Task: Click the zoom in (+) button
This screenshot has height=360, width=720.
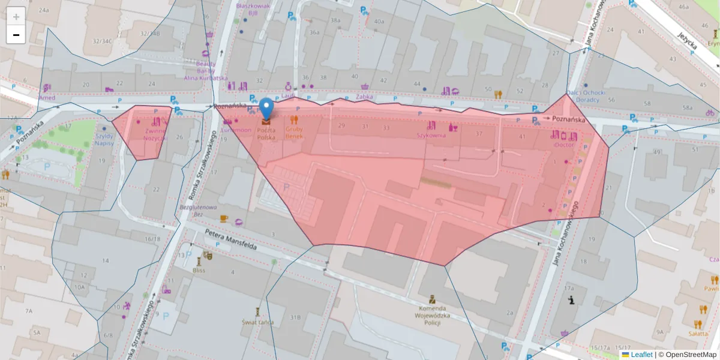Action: coord(16,16)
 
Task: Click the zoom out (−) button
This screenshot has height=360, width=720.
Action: coord(16,35)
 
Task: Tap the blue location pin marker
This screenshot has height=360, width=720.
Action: coord(266,109)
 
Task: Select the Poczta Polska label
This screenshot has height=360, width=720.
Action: coord(266,133)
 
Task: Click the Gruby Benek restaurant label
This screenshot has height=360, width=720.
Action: coord(294,133)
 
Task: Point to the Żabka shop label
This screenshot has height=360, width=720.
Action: coord(364,96)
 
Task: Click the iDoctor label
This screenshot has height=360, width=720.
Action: coord(564,145)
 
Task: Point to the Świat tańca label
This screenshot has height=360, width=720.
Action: coord(259,322)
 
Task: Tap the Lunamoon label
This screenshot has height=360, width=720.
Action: coord(236,130)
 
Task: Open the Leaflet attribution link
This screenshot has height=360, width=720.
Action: coord(641,355)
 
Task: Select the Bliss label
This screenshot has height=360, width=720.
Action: coord(199,270)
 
